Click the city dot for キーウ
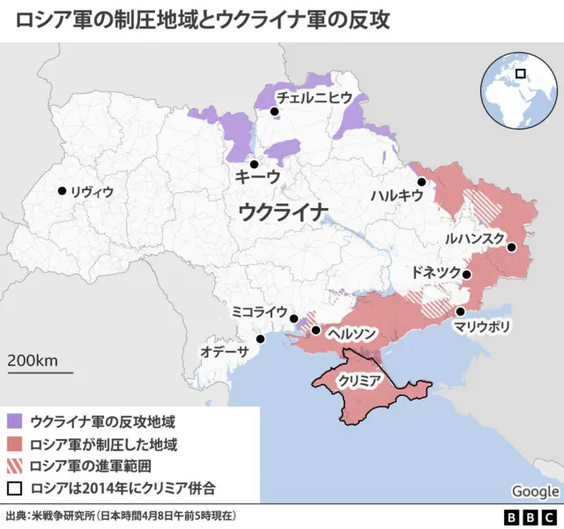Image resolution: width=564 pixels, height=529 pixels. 254,164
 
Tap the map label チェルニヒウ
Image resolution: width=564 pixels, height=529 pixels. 314,97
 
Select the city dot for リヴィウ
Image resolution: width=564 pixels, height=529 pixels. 62,190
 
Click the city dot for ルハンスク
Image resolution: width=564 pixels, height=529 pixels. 511,248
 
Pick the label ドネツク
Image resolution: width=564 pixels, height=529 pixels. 436,272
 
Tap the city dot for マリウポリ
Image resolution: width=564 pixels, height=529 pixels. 460,312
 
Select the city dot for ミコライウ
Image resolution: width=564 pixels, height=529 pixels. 293,318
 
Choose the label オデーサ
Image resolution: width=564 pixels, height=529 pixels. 225,350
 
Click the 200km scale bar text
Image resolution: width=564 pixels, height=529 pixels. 33,360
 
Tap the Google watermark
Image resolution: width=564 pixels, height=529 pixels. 535,491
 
